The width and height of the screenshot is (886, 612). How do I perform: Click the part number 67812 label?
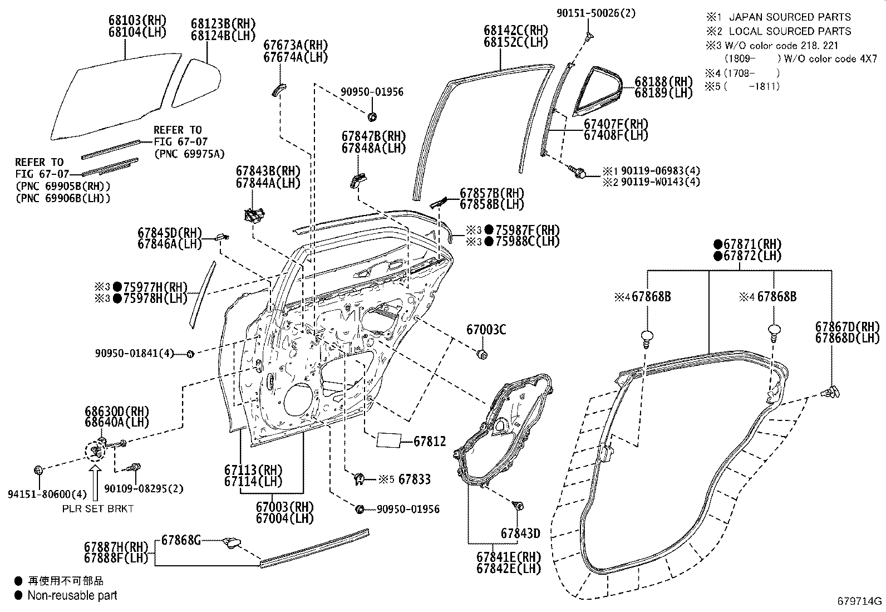pos(430,442)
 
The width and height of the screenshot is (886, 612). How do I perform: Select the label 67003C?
pos(486,330)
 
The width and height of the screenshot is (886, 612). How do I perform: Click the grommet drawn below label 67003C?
pos(483,354)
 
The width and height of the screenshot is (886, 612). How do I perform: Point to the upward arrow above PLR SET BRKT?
pos(95,482)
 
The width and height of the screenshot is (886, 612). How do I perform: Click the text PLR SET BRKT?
pos(97,509)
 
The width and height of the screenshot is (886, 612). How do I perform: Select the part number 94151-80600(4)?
pos(40,494)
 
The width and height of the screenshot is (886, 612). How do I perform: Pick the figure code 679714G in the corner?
pos(860,601)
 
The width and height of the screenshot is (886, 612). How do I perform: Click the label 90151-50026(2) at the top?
pos(596,12)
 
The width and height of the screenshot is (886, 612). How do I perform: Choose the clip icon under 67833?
pos(360,478)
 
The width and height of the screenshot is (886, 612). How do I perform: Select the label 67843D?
pos(520,533)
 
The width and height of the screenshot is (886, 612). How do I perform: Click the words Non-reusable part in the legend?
pos(73,595)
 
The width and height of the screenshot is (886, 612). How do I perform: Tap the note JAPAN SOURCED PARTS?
pos(790,17)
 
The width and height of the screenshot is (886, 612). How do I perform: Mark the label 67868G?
pos(181,540)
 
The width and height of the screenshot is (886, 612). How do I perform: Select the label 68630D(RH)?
pos(117,411)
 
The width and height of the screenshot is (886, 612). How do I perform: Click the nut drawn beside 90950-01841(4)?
pos(189,354)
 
